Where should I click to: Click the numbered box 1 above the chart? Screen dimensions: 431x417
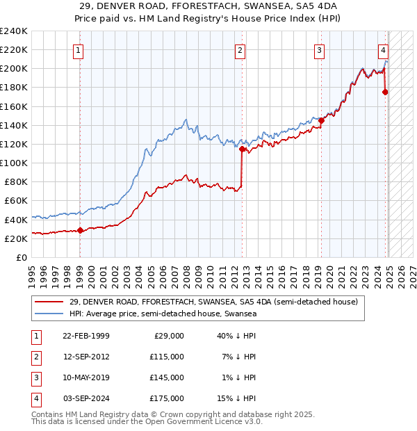[x=79, y=50]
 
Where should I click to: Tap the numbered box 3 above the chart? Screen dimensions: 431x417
[x=319, y=50]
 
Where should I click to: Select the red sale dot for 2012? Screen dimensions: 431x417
[x=242, y=149]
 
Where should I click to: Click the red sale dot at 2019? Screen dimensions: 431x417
[x=321, y=120]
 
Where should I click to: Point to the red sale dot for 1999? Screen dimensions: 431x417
[x=80, y=230]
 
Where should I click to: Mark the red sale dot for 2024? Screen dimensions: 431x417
[x=385, y=92]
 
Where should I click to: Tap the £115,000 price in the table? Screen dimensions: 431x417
[x=167, y=356]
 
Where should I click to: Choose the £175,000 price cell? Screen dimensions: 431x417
[x=167, y=398]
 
